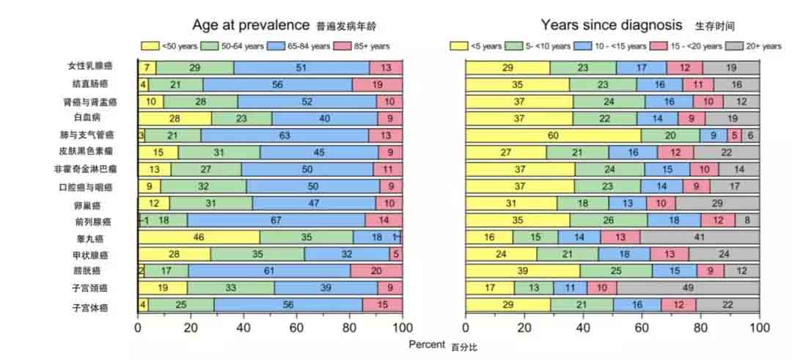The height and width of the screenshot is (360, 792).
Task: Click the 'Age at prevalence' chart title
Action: coord(252,25)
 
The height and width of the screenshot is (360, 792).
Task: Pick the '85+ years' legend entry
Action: coord(362,46)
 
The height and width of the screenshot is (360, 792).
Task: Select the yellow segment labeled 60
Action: coord(553,135)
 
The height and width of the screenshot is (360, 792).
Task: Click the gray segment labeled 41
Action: coord(700,238)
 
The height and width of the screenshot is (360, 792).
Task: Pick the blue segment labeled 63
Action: coord(285,135)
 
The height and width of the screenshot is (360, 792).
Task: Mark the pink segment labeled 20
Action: coord(376,271)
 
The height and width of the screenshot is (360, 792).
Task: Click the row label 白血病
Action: coord(87,117)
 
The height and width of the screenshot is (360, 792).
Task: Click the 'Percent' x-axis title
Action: coord(427,344)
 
